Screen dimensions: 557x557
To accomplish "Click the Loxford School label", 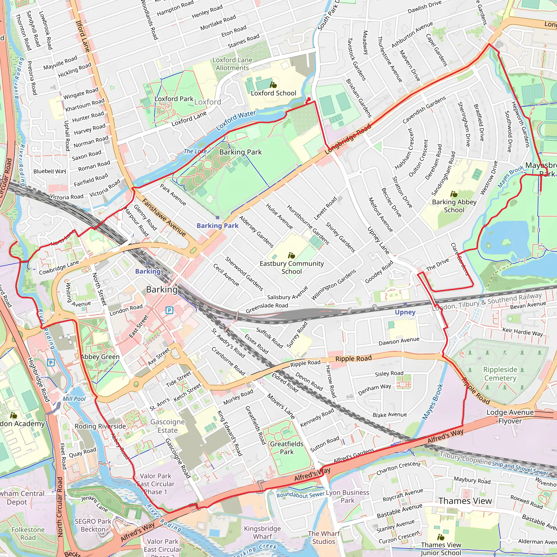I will pyautogui.click(x=273, y=93).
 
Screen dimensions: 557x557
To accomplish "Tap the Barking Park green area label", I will pyautogui.click(x=240, y=152).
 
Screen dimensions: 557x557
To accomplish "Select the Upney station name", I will pyautogui.click(x=405, y=312).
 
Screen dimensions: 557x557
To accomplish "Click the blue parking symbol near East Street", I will pyautogui.click(x=169, y=310).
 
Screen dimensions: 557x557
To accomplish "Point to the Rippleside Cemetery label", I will pyautogui.click(x=500, y=374).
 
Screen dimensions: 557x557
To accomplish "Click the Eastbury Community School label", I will pyautogui.click(x=292, y=267).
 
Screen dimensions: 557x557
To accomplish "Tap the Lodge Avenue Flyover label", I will pyautogui.click(x=510, y=417).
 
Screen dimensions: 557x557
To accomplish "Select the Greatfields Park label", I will pyautogui.click(x=287, y=448).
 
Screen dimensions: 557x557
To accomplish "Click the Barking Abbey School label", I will pyautogui.click(x=454, y=206).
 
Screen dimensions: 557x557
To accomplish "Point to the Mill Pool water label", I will pyautogui.click(x=74, y=399).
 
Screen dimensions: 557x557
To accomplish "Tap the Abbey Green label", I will pyautogui.click(x=100, y=357).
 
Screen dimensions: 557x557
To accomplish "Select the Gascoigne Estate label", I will pyautogui.click(x=168, y=426).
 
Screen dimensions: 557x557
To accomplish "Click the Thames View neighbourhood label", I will pyautogui.click(x=465, y=501).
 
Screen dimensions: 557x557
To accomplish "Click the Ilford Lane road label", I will pyautogui.click(x=83, y=36).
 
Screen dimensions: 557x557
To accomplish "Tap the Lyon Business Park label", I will pyautogui.click(x=347, y=496).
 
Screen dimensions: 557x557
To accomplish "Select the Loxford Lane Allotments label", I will pyautogui.click(x=232, y=64).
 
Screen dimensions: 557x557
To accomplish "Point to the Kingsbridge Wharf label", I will pyautogui.click(x=262, y=533).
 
